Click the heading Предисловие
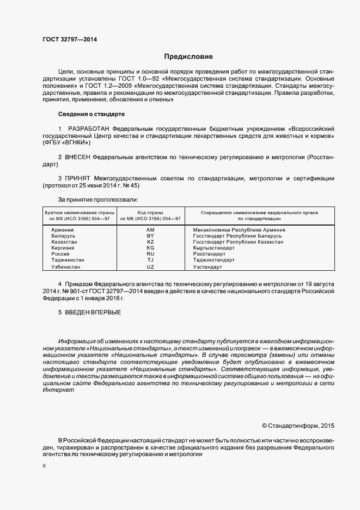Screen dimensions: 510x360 [189, 57]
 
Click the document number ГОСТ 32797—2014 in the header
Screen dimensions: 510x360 [69, 39]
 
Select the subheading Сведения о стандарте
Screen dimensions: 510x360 [91, 114]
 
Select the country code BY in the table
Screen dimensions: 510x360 [150, 236]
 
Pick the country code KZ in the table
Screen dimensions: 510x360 [150, 242]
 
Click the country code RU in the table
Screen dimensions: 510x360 [150, 254]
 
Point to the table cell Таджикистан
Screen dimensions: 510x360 [68, 260]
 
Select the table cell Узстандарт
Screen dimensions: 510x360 [208, 268]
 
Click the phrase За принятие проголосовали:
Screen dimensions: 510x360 [94, 200]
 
